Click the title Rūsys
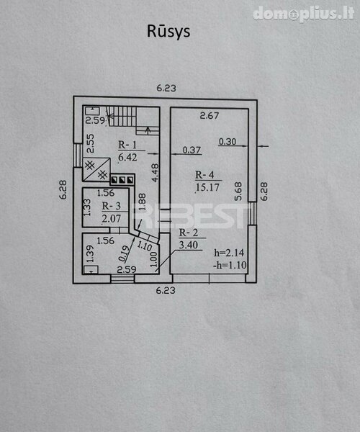click(168, 32)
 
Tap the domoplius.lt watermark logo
click(304, 14)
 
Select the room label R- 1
click(127, 145)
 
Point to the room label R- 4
click(204, 175)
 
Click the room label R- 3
click(112, 206)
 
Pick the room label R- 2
click(189, 233)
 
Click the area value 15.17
click(207, 187)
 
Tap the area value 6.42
click(127, 157)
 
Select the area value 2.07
click(112, 218)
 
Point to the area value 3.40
click(189, 245)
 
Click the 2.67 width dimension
click(210, 115)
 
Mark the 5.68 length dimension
click(238, 192)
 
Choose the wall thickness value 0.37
click(192, 150)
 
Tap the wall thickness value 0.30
click(228, 142)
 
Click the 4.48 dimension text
click(156, 173)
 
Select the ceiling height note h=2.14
click(229, 253)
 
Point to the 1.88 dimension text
click(142, 202)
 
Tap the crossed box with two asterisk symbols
click(96, 169)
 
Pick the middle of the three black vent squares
click(122, 180)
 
